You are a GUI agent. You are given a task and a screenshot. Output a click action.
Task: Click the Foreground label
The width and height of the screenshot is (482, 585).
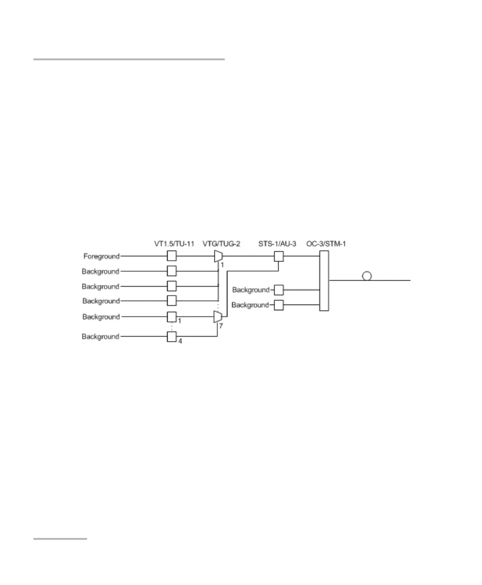pyautogui.click(x=102, y=257)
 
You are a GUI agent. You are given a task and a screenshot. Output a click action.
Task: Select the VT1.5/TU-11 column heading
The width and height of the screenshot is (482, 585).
pyautogui.click(x=172, y=244)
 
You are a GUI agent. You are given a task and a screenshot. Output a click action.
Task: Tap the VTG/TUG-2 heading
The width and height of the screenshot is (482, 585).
pyautogui.click(x=221, y=244)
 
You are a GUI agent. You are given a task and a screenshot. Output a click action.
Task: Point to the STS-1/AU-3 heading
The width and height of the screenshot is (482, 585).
pyautogui.click(x=277, y=244)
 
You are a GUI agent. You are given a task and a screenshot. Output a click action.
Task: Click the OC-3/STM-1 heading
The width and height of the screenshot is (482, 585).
pyautogui.click(x=326, y=244)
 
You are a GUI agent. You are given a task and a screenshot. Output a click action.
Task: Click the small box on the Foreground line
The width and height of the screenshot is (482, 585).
pyautogui.click(x=172, y=257)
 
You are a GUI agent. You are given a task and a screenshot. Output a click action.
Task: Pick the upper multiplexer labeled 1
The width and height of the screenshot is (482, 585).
pyautogui.click(x=218, y=257)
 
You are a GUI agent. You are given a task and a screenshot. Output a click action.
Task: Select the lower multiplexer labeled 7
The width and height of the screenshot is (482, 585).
pyautogui.click(x=218, y=317)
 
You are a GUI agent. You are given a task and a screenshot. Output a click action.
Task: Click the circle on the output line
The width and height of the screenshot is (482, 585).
pyautogui.click(x=367, y=276)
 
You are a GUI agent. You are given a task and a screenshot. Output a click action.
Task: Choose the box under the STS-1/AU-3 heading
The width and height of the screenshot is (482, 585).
pyautogui.click(x=279, y=257)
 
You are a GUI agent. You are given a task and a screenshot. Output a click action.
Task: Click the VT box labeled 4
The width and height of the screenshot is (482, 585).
pyautogui.click(x=172, y=337)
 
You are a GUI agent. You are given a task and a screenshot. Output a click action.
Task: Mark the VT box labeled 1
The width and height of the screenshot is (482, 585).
pyautogui.click(x=172, y=317)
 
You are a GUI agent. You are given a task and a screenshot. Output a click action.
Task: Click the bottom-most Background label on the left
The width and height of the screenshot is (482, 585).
pyautogui.click(x=100, y=337)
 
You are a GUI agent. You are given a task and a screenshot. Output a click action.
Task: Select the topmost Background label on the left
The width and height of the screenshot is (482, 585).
pyautogui.click(x=100, y=271)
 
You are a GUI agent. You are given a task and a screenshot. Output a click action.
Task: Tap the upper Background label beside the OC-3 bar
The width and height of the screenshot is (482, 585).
pyautogui.click(x=251, y=290)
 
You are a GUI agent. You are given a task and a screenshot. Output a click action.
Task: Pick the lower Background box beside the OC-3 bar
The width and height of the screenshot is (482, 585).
pyautogui.click(x=279, y=305)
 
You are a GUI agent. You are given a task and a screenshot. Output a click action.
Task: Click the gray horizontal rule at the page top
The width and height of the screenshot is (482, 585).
pyautogui.click(x=129, y=60)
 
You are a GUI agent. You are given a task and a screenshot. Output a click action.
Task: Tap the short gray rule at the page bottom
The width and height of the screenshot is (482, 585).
pyautogui.click(x=60, y=539)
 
